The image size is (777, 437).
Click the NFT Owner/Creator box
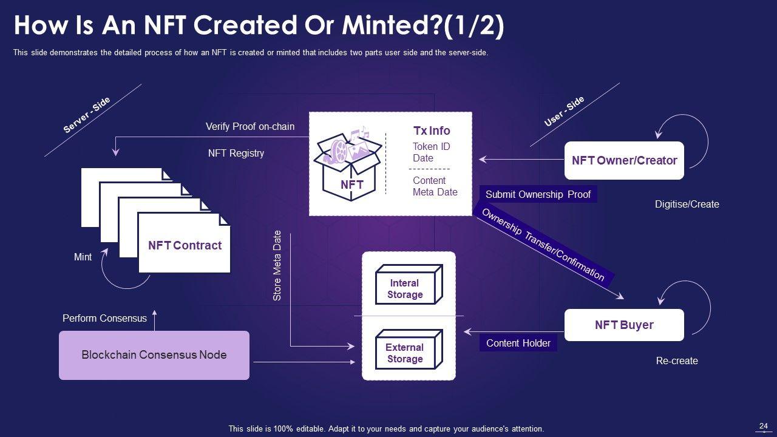click(624, 161)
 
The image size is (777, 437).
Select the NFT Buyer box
click(624, 325)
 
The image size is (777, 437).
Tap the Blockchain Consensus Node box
click(154, 355)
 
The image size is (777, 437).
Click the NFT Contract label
click(185, 246)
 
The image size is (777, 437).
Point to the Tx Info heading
click(432, 130)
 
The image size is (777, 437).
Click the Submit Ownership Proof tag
click(538, 194)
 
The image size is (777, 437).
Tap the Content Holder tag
click(518, 343)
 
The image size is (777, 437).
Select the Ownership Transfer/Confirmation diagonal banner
click(543, 245)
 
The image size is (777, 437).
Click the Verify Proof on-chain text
click(250, 126)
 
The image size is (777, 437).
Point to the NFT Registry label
click(236, 153)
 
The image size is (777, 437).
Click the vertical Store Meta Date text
click(277, 265)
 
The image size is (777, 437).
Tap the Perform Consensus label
click(104, 318)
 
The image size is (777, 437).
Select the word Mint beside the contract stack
click(83, 257)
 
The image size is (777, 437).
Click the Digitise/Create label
click(687, 204)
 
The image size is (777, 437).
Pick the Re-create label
click(677, 361)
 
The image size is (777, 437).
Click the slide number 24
click(764, 426)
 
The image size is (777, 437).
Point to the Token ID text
click(431, 146)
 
